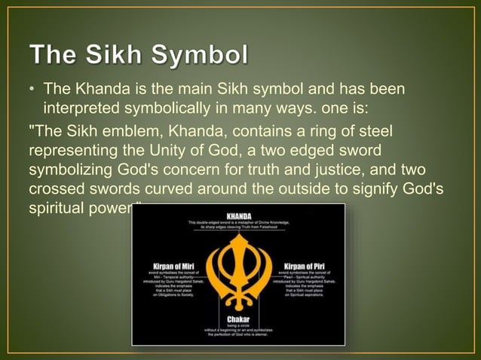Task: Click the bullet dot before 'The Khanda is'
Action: (32, 91)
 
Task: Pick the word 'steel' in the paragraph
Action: (378, 132)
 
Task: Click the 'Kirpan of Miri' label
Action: (172, 266)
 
